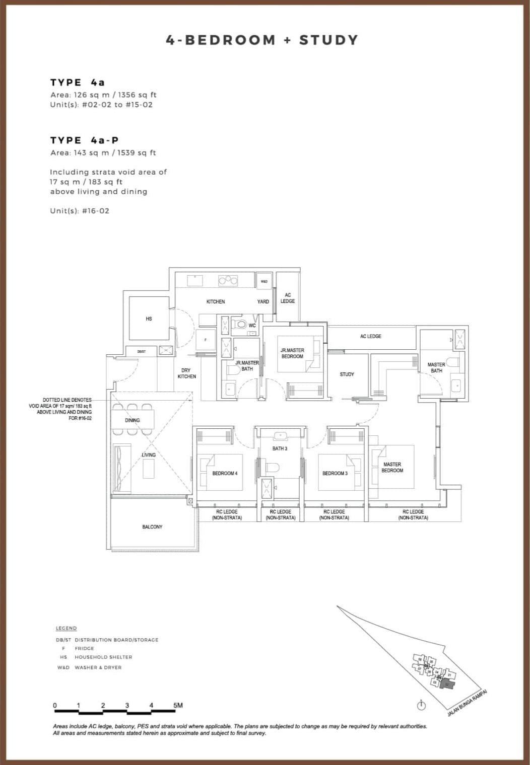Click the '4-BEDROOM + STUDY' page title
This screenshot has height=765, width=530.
tap(262, 40)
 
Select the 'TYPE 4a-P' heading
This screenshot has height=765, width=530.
tap(84, 140)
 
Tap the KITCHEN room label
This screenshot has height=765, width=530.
tap(216, 301)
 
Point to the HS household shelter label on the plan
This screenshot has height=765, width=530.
tap(149, 319)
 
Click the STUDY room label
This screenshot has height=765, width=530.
tap(347, 374)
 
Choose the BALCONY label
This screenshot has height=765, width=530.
tap(152, 527)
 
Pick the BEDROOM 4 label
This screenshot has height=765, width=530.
tap(225, 473)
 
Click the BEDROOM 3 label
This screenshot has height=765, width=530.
tap(335, 473)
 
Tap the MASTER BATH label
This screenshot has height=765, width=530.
tap(436, 367)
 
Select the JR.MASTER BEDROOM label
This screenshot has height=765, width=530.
tap(292, 353)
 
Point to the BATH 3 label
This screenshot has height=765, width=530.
tap(280, 448)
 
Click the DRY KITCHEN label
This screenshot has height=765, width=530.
tap(186, 373)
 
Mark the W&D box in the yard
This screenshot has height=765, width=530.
tap(264, 281)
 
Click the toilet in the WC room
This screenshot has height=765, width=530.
tap(240, 325)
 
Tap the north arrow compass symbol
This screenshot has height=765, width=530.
tap(421, 706)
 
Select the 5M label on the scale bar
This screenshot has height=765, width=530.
tap(178, 706)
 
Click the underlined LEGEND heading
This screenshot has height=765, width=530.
tap(66, 628)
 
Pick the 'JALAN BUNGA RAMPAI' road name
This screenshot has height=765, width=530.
tap(467, 703)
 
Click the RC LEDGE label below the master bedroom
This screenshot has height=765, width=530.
tap(413, 514)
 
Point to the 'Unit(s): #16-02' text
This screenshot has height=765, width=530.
tap(80, 211)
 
